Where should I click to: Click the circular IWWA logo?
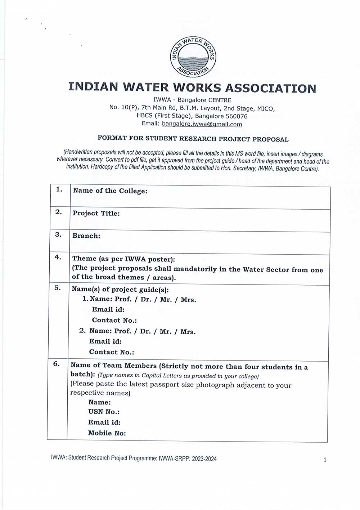click(x=193, y=57)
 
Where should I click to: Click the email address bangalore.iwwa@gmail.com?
click(x=202, y=124)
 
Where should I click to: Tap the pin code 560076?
click(x=237, y=116)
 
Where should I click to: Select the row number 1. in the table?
click(x=59, y=189)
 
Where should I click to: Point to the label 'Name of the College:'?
click(x=110, y=191)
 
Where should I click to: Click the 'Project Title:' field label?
click(x=96, y=213)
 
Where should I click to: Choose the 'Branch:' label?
click(x=86, y=236)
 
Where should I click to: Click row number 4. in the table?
click(x=58, y=257)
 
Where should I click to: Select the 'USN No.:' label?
click(x=104, y=412)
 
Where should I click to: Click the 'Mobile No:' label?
click(x=107, y=433)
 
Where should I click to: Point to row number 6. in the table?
click(x=57, y=364)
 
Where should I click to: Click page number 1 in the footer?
click(x=325, y=460)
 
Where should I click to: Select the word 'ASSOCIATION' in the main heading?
click(x=270, y=88)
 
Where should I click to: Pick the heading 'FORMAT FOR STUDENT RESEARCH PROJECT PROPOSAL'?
click(x=193, y=139)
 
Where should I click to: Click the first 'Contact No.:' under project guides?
click(x=114, y=320)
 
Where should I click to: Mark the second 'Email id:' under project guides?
click(x=105, y=341)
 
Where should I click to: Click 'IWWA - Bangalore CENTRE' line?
click(x=192, y=100)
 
